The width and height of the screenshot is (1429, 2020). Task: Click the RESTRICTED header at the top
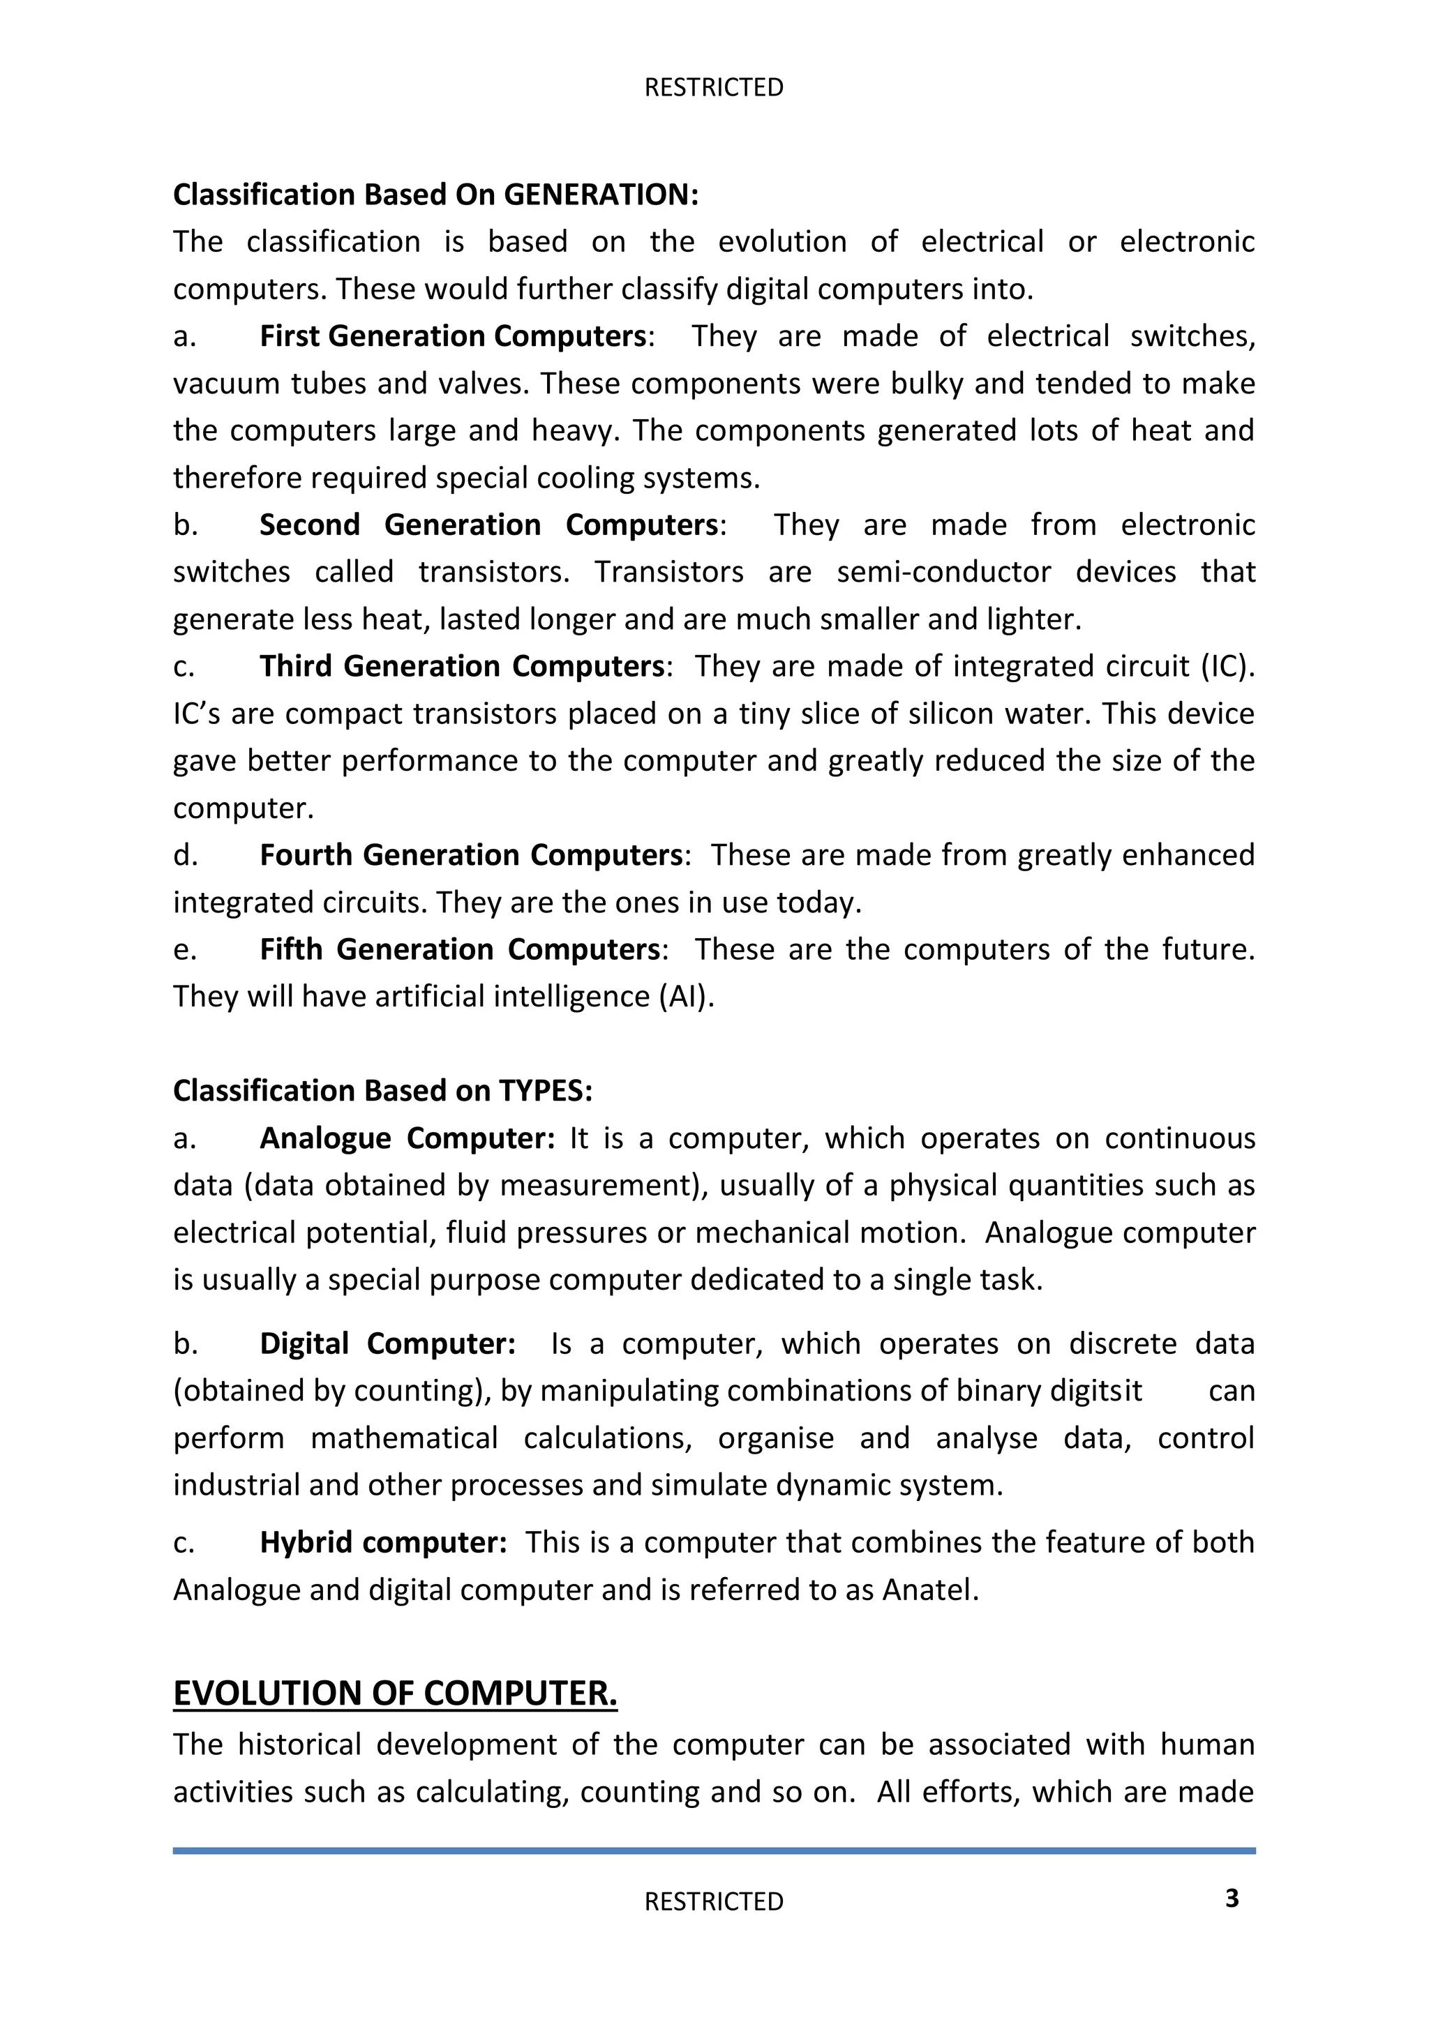click(714, 87)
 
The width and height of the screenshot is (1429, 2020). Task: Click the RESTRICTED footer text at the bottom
click(714, 1901)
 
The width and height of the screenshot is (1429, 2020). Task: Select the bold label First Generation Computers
click(453, 336)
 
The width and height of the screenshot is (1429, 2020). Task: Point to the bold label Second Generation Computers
click(488, 525)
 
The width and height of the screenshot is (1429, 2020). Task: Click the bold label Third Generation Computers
click(461, 666)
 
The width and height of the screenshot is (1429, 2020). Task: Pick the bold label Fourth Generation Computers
click(471, 854)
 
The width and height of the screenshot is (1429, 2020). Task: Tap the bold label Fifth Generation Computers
click(459, 949)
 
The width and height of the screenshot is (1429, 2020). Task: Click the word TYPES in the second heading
click(546, 1091)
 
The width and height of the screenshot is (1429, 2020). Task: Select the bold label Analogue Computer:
click(407, 1138)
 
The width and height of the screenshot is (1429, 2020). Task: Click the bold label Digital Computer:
click(387, 1343)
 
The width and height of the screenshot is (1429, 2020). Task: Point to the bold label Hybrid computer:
click(383, 1542)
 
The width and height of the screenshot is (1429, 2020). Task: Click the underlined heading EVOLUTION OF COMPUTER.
click(395, 1694)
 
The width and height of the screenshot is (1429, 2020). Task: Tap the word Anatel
click(929, 1590)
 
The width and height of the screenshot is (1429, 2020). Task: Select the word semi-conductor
click(943, 572)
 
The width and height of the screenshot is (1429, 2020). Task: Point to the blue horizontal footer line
click(714, 1851)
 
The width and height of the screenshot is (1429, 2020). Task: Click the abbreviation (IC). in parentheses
click(1227, 666)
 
